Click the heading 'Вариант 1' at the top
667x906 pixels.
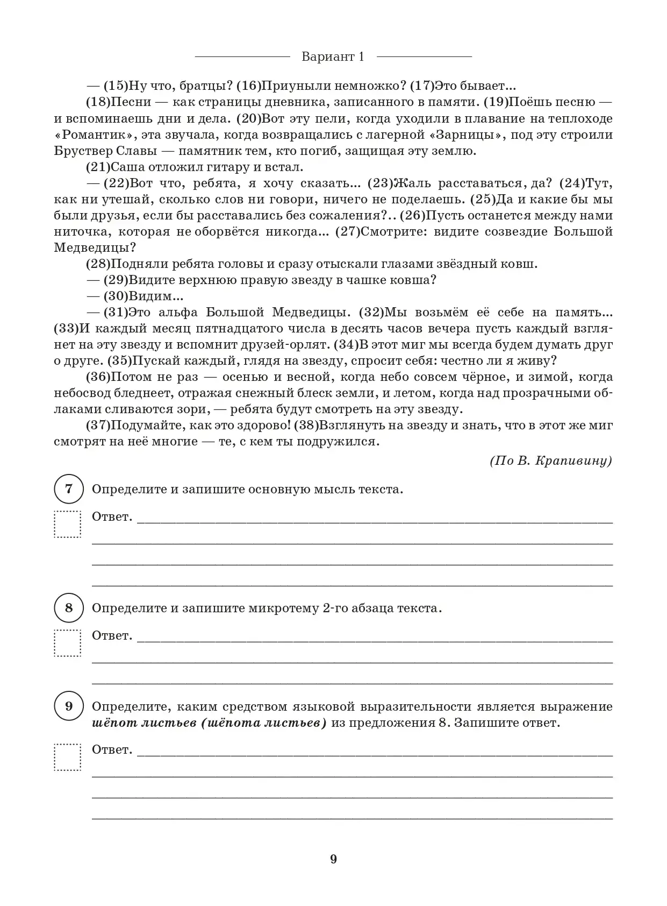coord(333,56)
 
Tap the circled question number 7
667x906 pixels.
coord(69,490)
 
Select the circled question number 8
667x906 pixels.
coord(69,608)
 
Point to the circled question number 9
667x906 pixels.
coord(69,706)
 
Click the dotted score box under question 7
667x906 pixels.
coord(68,524)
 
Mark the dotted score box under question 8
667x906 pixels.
coord(68,643)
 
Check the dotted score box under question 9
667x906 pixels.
coord(68,757)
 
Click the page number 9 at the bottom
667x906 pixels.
coord(333,859)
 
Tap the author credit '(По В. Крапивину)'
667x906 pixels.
coord(551,461)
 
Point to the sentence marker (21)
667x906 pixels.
coord(98,167)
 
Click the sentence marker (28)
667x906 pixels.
coord(98,264)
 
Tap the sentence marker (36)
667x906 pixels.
coord(98,377)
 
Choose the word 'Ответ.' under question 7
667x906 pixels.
coord(112,517)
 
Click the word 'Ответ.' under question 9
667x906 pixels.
coord(112,750)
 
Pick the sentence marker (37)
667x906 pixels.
coord(98,426)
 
